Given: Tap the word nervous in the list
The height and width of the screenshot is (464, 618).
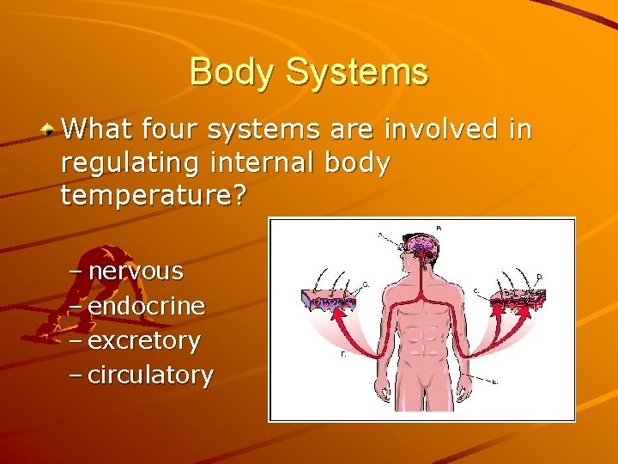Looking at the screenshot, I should [136, 272].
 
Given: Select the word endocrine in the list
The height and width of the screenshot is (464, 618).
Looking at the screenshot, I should [146, 306].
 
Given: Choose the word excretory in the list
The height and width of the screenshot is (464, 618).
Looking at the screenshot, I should [144, 341].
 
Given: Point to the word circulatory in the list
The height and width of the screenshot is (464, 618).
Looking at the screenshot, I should [151, 375].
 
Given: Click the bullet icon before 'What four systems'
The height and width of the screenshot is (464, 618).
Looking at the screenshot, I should [51, 130].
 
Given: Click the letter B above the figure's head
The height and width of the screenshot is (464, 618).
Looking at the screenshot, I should [439, 228].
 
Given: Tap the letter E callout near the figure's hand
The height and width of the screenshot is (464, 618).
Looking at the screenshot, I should [495, 382].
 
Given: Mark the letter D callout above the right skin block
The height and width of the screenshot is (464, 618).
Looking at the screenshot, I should [538, 276].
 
